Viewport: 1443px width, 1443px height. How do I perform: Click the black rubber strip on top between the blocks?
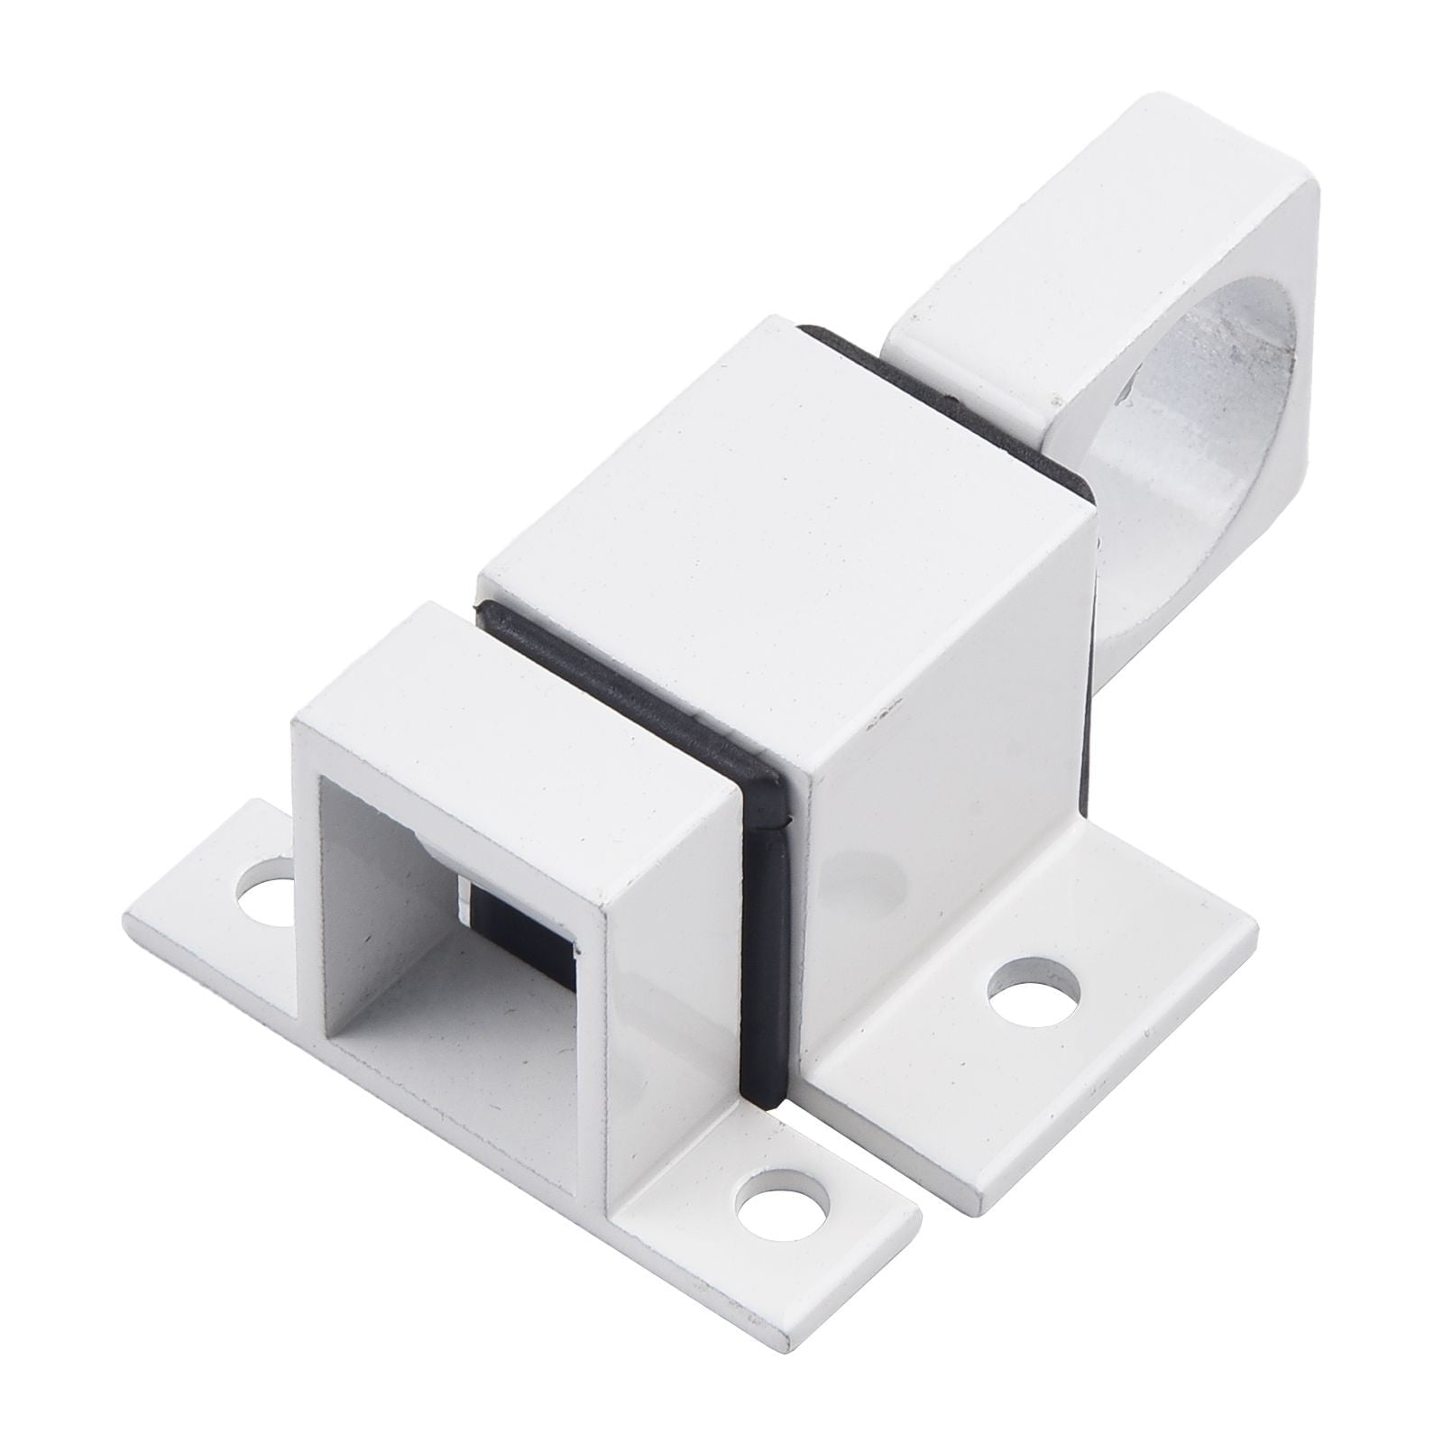pyautogui.click(x=631, y=685)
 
